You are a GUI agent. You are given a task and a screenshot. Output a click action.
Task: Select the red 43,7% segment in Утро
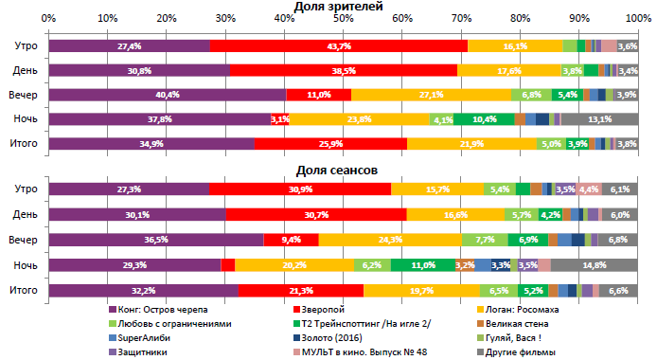338,45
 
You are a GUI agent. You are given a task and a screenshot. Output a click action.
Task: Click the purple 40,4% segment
167,95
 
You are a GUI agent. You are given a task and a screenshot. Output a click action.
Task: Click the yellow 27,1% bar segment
431,95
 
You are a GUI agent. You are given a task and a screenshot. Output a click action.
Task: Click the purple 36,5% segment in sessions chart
155,241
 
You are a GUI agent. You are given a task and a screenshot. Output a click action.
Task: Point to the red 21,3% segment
300,290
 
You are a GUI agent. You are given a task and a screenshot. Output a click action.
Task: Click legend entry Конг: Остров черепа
172,310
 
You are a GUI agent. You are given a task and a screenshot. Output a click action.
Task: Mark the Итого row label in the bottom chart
24,290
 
